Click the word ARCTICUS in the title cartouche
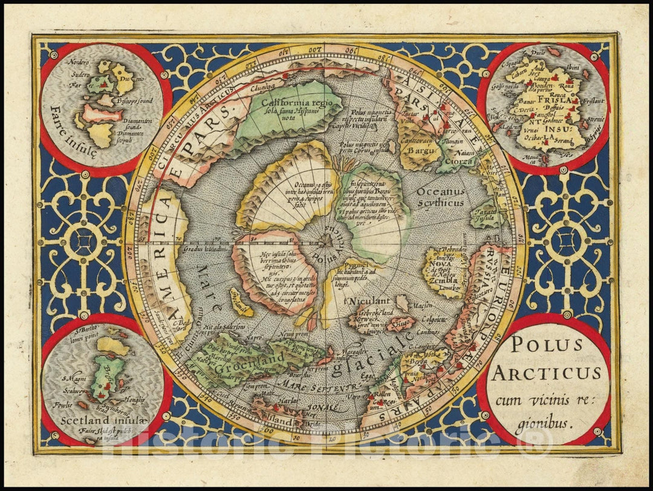point(546,372)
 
